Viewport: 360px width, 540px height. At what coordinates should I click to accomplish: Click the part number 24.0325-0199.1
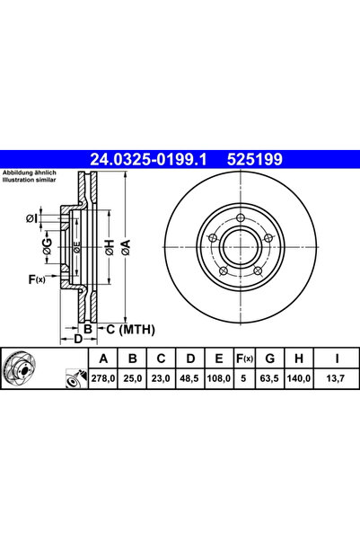(147, 160)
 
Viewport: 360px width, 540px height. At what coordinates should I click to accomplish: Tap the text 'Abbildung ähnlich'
(29, 173)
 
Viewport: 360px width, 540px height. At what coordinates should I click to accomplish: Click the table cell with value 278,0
(104, 380)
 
